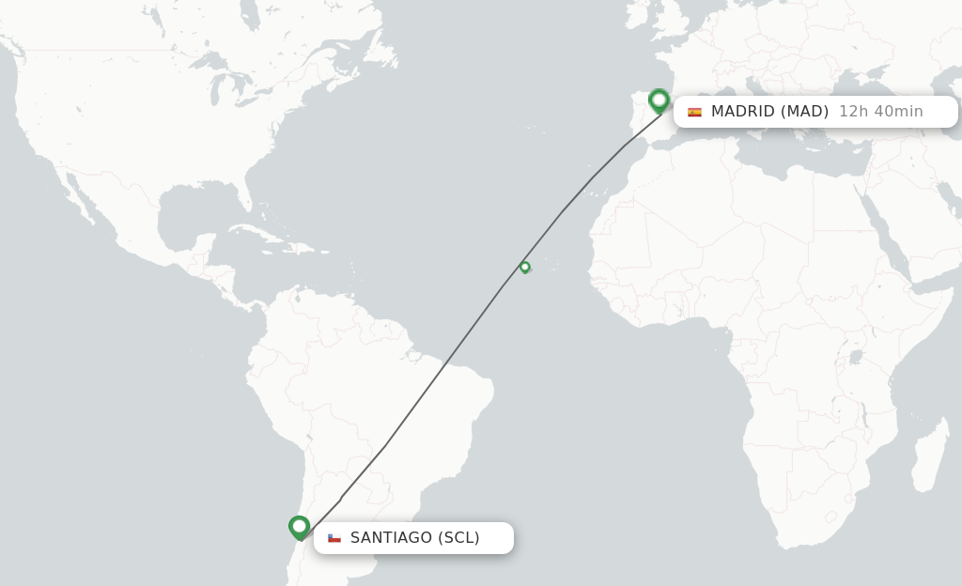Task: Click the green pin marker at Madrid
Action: click(x=659, y=100)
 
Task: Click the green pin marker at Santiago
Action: click(x=299, y=527)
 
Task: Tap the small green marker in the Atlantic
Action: click(x=524, y=267)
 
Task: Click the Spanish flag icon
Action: click(x=694, y=112)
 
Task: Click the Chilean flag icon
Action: click(x=334, y=538)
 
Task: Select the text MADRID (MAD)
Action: click(x=769, y=112)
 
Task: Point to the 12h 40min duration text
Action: click(x=880, y=112)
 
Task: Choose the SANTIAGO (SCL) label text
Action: click(x=414, y=538)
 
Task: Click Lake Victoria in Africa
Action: click(x=856, y=357)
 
